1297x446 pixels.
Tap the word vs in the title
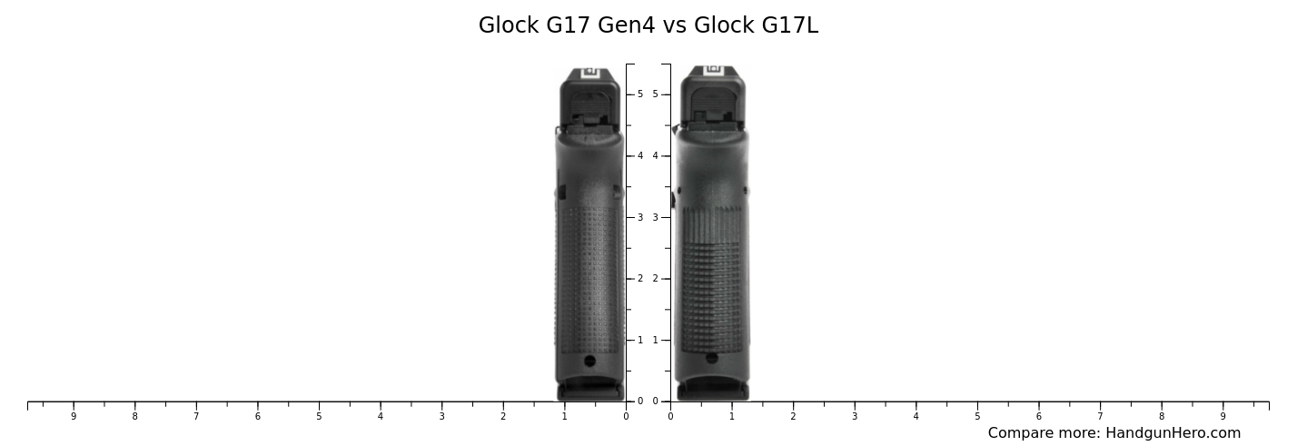coord(674,25)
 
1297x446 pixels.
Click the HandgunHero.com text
coord(1173,433)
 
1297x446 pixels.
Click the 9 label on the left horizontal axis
coord(74,417)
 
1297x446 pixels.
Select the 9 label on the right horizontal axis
coord(1223,417)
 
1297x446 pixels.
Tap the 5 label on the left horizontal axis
coord(319,417)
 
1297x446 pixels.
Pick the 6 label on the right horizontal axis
coord(1038,417)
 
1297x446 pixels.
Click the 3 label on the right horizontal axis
coord(854,417)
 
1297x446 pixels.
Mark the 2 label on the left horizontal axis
coord(503,417)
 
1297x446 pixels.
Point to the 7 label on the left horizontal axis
coord(196,417)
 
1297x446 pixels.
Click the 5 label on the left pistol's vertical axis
coord(640,94)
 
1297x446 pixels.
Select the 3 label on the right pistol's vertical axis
coord(655,217)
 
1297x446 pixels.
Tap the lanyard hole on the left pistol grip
coord(589,361)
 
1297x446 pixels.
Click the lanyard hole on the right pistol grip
coord(712,358)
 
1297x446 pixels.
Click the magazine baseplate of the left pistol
coord(590,391)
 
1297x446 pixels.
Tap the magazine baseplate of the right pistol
coord(713,391)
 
